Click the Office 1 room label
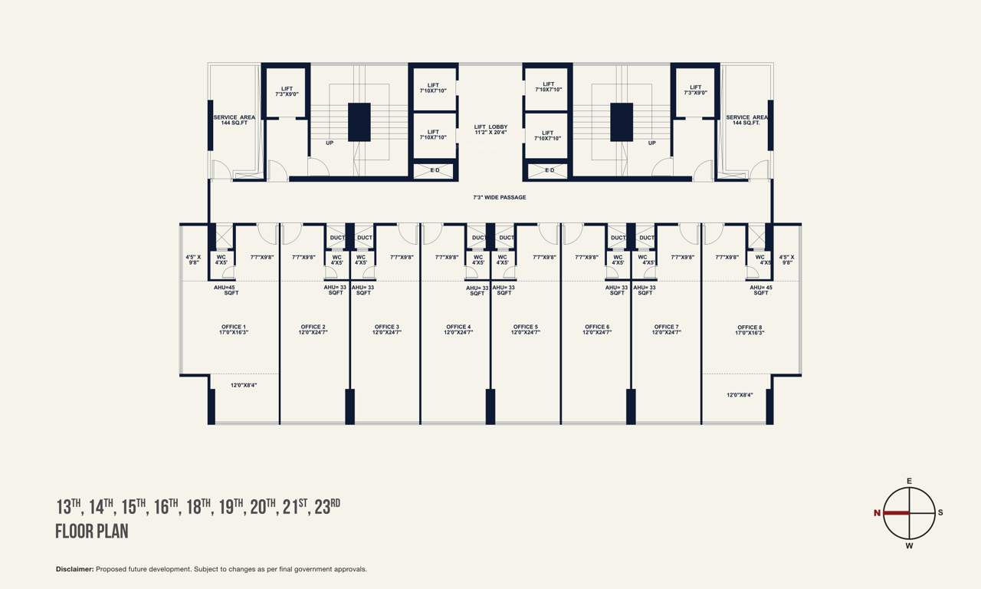coord(235,329)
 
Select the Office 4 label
coord(458,329)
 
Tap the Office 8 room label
coord(750,330)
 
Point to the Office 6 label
coord(597,329)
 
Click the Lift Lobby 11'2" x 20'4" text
coord(490,130)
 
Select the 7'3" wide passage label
coord(499,198)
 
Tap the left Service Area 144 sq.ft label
coord(234,120)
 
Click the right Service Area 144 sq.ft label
coord(747,120)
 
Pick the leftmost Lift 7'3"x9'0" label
coord(287,91)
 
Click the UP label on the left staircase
coord(330,143)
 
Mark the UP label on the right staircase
coord(651,143)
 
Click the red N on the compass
coord(877,513)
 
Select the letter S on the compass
coord(940,513)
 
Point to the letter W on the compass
coord(909,546)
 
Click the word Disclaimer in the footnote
coord(74,569)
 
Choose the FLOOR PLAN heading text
coord(91,531)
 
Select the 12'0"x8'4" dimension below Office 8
coord(740,395)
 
